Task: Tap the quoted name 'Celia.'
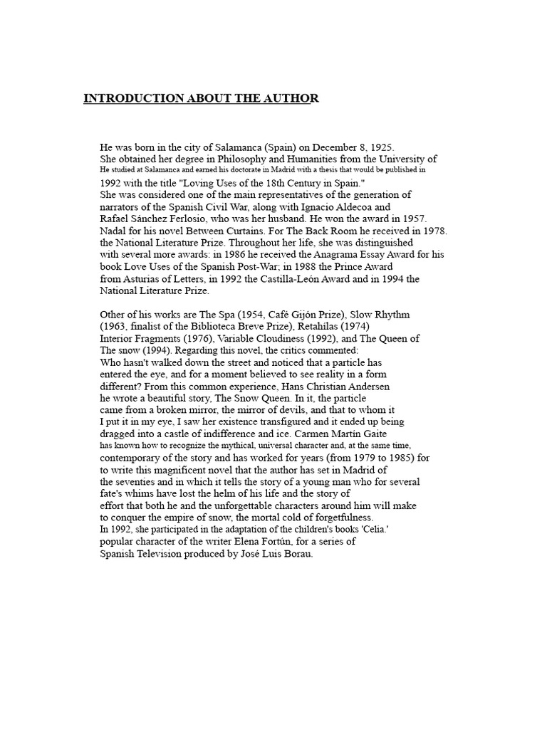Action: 387,530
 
